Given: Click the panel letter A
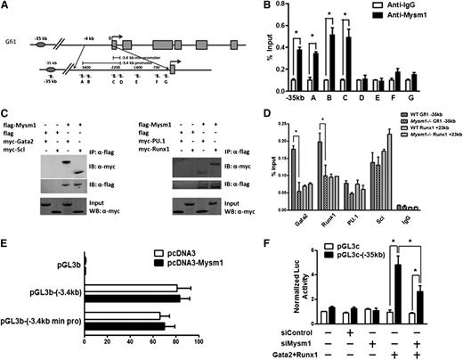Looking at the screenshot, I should click(x=7, y=8).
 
